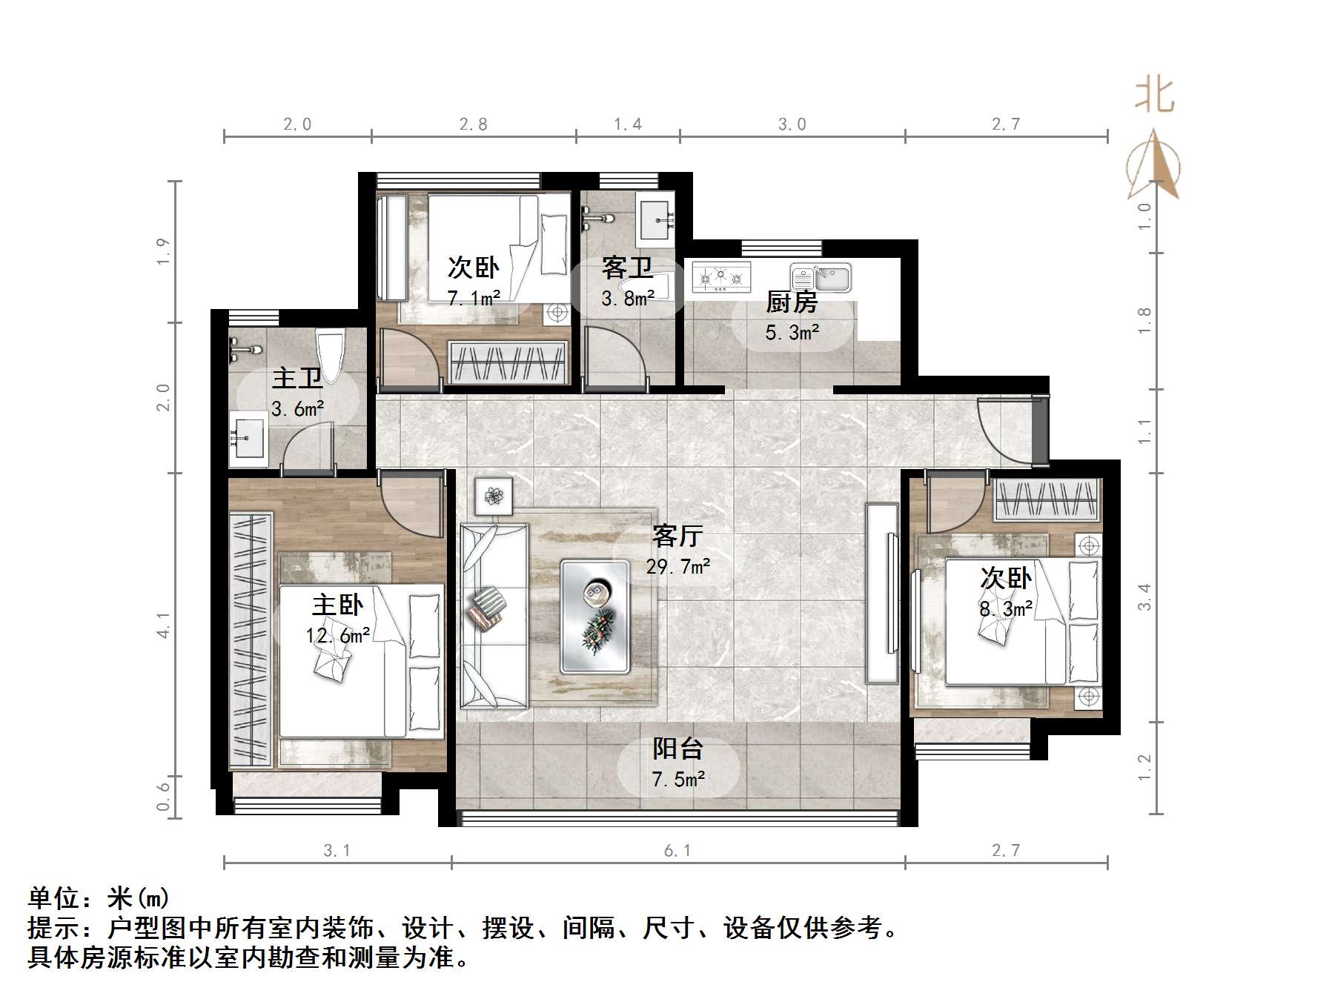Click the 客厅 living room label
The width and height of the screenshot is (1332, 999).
(677, 535)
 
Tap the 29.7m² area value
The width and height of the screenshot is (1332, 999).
(677, 567)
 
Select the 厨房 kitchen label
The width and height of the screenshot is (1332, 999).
(792, 302)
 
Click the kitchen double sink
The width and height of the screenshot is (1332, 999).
(821, 277)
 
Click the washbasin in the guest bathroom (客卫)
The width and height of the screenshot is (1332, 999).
(656, 219)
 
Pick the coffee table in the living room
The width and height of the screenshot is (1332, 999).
(595, 616)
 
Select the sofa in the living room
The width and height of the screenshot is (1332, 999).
(494, 615)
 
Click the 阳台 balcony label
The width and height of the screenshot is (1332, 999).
(677, 749)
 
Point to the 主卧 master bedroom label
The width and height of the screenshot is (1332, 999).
(337, 605)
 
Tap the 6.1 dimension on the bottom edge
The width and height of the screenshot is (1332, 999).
(677, 851)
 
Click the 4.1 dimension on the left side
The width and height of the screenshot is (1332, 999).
(164, 625)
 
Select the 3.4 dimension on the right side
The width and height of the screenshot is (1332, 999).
(1144, 597)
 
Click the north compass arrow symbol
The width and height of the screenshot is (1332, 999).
(1153, 165)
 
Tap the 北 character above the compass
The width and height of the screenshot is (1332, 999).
(1154, 96)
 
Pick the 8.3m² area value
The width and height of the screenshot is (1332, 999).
(1006, 609)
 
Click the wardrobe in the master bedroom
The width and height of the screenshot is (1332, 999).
(251, 641)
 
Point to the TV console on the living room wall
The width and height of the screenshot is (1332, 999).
(882, 593)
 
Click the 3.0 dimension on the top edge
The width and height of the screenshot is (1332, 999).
(792, 125)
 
